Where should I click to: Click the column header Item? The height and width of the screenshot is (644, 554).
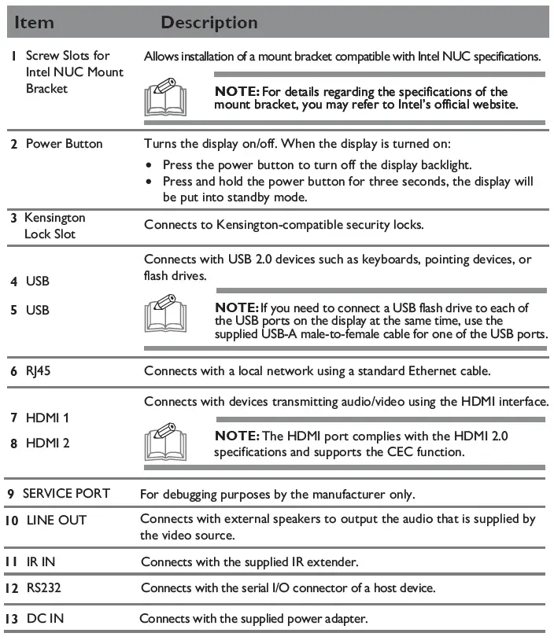(34, 23)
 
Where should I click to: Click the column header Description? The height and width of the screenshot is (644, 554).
(209, 23)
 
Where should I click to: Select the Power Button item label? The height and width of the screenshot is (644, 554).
(64, 144)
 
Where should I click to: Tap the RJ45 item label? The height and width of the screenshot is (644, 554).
(39, 371)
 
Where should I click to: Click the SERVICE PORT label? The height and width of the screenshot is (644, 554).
(66, 494)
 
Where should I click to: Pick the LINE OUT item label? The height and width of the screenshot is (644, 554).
(56, 520)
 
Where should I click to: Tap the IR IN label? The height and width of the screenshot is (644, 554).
(41, 561)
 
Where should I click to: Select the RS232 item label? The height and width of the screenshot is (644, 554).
(46, 587)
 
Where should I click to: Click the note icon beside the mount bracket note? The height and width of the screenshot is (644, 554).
(166, 98)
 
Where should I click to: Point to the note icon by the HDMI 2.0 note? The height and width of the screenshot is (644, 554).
(166, 443)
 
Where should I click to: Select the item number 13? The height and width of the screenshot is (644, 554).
(12, 619)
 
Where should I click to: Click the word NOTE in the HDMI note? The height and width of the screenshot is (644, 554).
(235, 436)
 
